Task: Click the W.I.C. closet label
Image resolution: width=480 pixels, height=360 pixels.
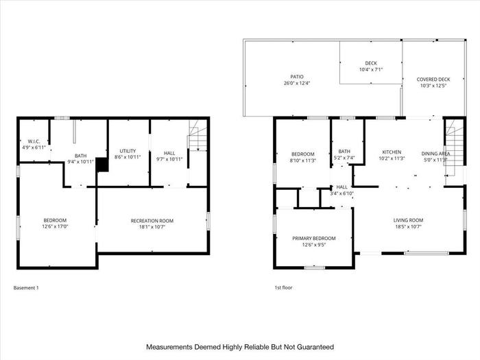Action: click(x=34, y=141)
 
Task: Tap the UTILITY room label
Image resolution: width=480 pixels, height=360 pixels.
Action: click(x=128, y=151)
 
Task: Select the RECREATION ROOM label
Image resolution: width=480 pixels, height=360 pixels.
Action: click(x=152, y=221)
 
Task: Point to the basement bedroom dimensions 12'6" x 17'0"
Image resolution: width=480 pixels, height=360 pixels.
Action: click(x=55, y=226)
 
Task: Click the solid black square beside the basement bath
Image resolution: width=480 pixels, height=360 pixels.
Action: click(x=102, y=165)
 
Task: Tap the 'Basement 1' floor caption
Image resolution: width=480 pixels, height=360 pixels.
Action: click(x=26, y=288)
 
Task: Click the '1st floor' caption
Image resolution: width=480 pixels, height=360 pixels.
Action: click(x=283, y=287)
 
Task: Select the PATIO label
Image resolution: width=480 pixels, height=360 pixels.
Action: click(x=297, y=77)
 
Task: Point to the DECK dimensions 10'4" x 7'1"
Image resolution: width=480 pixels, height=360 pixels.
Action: click(x=371, y=69)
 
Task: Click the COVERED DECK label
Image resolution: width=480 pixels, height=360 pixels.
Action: click(x=433, y=80)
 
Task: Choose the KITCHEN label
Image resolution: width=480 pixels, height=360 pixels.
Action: click(x=392, y=152)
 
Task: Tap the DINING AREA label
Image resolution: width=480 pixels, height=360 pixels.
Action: click(x=435, y=154)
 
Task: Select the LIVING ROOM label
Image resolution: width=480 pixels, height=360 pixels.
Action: click(x=409, y=220)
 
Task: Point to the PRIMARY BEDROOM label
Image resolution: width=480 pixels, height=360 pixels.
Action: click(x=314, y=238)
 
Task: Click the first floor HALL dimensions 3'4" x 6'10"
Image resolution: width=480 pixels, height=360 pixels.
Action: click(x=342, y=193)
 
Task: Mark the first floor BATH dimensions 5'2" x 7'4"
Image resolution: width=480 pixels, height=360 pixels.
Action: click(x=344, y=158)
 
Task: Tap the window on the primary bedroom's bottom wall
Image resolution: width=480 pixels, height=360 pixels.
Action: click(x=314, y=267)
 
